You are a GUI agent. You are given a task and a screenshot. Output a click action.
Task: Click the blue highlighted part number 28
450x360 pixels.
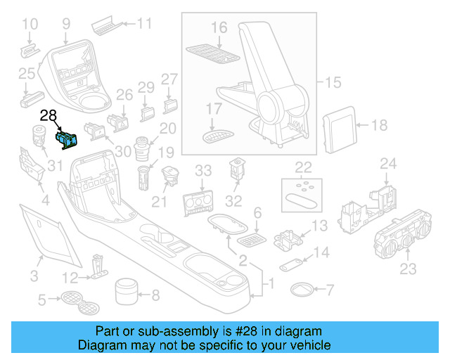[x=67, y=139]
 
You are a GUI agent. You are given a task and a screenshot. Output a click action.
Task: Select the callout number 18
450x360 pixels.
[x=379, y=126]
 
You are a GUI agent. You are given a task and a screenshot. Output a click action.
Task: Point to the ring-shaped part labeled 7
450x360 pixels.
[x=303, y=289]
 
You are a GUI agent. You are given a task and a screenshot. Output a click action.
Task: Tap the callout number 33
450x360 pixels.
[x=202, y=171]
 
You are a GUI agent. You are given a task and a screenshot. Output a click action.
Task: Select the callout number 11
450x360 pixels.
[x=143, y=23]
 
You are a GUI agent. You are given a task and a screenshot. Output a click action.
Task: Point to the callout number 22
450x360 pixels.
[x=302, y=167]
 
